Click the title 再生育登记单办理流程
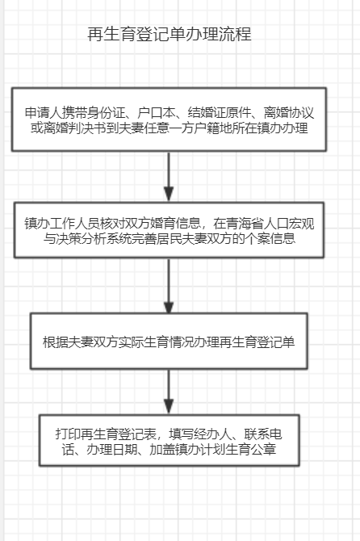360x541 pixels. pos(170,34)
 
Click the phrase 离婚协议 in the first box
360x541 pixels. pos(289,113)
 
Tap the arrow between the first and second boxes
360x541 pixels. pos(169,176)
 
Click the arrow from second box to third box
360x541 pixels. pos(169,286)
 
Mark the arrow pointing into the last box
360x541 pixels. pos(169,392)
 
